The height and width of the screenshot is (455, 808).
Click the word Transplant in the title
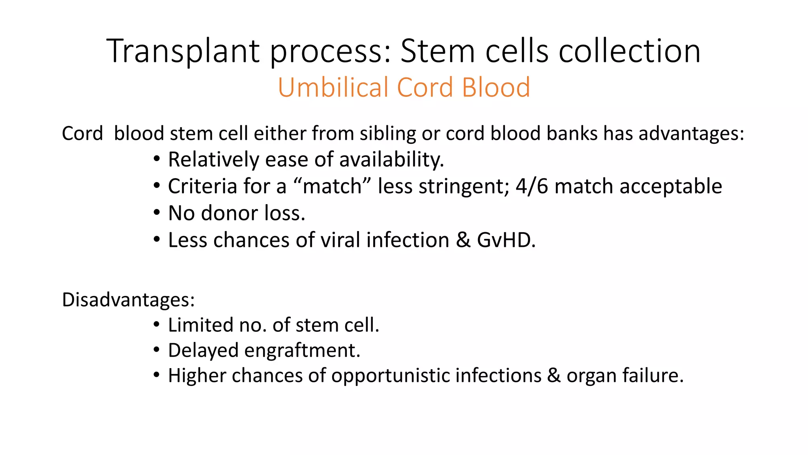coord(183,51)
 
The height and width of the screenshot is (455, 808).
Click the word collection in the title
coord(630,51)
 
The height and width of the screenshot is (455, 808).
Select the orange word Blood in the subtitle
coord(496,87)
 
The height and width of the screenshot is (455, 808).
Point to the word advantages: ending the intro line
coord(691,133)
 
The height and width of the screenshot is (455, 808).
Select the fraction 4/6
coord(531,186)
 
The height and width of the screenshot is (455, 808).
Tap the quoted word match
coord(332,186)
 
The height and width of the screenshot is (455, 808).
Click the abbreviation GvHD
coord(506,240)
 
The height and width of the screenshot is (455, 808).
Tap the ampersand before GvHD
coord(463,240)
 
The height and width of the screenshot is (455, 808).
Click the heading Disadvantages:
coord(128,299)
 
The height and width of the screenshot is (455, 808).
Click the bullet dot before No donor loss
coord(157,213)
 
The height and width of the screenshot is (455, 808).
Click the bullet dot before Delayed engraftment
coord(157,350)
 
